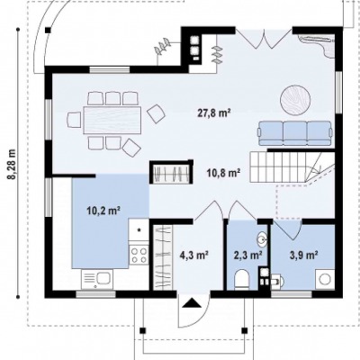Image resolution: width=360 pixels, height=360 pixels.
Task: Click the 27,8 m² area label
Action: (214, 113)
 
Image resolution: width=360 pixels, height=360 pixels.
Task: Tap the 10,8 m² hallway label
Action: (223, 173)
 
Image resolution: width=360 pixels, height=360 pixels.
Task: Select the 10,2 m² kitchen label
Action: (103, 211)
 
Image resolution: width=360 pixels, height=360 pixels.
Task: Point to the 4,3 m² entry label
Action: (194, 256)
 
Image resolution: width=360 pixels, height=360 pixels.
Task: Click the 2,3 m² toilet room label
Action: (248, 256)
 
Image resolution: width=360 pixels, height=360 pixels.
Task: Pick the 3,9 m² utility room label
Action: (303, 256)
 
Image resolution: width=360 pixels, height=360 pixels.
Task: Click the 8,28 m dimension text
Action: (13, 164)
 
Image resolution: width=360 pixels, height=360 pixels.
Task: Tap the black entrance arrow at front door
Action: (192, 303)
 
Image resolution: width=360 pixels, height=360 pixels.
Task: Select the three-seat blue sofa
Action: (295, 133)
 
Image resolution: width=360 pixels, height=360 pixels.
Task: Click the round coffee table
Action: (295, 100)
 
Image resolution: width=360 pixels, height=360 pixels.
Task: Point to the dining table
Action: (112, 120)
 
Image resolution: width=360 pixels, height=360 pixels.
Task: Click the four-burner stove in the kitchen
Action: (139, 255)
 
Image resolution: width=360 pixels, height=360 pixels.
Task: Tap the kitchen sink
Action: (97, 279)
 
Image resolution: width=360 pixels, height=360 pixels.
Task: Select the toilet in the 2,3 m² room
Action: (241, 279)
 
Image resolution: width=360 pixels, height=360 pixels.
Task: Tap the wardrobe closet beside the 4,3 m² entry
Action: (163, 258)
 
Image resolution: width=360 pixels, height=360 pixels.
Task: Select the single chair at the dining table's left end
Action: (75, 120)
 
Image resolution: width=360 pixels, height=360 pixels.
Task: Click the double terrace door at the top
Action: (264, 38)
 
